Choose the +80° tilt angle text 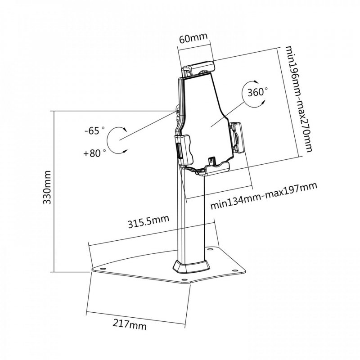(94, 153)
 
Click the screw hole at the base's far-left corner (103, 270)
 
